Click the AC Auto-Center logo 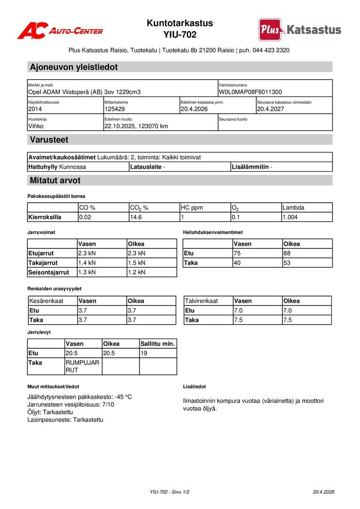click(60, 31)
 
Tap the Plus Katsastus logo click(300, 30)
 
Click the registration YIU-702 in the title click(180, 34)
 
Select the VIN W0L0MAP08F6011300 click(250, 92)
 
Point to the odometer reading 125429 click(115, 109)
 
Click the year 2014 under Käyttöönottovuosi click(35, 109)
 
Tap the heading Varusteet click(49, 140)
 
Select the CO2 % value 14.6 click(136, 217)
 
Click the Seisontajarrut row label click(49, 272)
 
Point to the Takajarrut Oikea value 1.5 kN click(137, 263)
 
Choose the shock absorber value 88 click(287, 254)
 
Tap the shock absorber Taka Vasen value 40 click(237, 263)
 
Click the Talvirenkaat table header click(202, 301)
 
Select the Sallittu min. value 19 click(144, 353)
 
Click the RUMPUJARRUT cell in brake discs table click(82, 366)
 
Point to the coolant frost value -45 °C click(123, 397)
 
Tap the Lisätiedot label click(194, 386)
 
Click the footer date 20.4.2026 click(323, 492)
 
